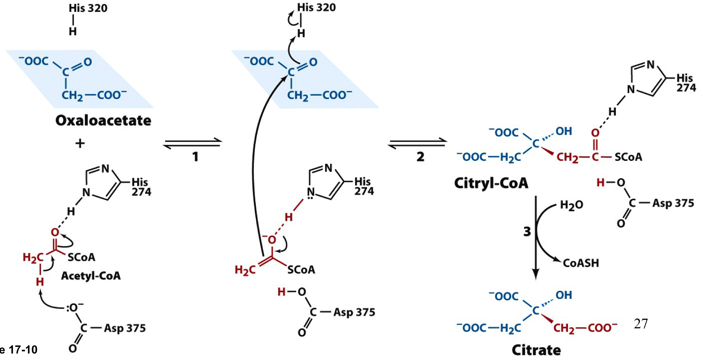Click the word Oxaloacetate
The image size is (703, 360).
pyautogui.click(x=103, y=121)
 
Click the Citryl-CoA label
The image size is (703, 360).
pyautogui.click(x=491, y=183)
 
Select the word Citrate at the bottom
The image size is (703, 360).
pyautogui.click(x=536, y=350)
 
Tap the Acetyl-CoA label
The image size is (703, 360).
pyautogui.click(x=91, y=276)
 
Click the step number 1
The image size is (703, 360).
pyautogui.click(x=195, y=157)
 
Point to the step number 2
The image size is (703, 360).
pyautogui.click(x=420, y=157)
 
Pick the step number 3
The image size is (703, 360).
pyautogui.click(x=527, y=231)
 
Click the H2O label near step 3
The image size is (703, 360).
pyautogui.click(x=572, y=205)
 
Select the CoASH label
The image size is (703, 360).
pyautogui.click(x=581, y=263)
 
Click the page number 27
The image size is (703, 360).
pyautogui.click(x=641, y=324)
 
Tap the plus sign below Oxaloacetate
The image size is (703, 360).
pyautogui.click(x=80, y=144)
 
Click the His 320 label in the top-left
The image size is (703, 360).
pyautogui.click(x=88, y=8)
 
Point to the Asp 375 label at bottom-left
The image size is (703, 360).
pyautogui.click(x=125, y=328)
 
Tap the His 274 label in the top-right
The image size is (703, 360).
pyautogui.click(x=686, y=83)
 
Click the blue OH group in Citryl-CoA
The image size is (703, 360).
pyautogui.click(x=564, y=131)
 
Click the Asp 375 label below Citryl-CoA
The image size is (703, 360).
pyautogui.click(x=673, y=203)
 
